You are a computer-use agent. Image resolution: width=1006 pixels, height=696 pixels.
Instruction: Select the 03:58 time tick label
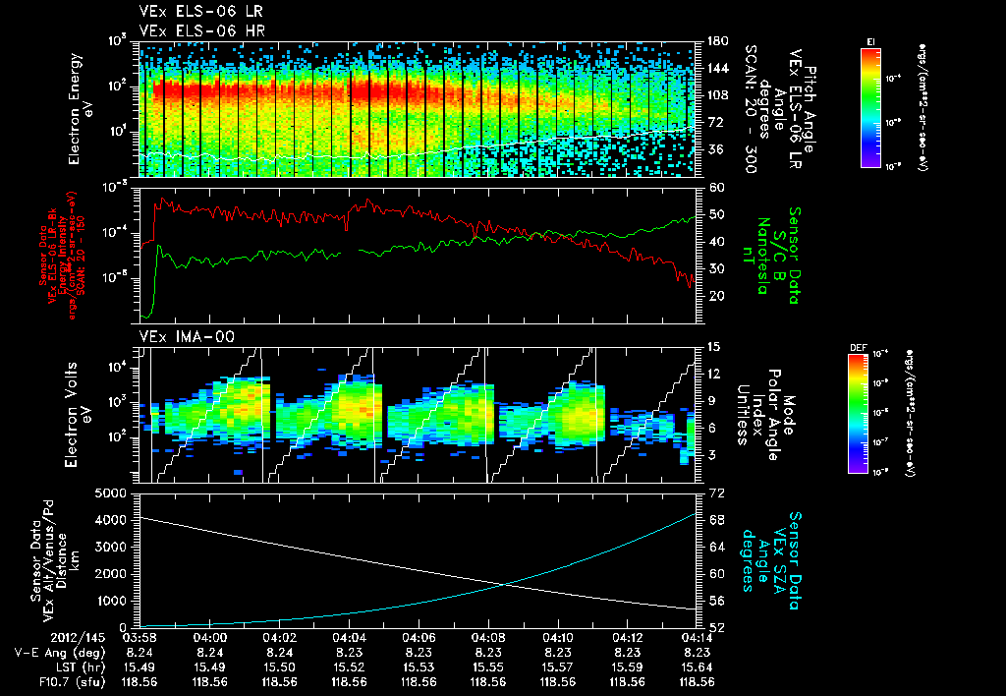pos(140,637)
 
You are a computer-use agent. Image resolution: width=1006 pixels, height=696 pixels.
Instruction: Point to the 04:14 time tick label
pos(697,637)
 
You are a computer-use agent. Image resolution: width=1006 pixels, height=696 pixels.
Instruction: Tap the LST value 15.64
pos(697,666)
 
